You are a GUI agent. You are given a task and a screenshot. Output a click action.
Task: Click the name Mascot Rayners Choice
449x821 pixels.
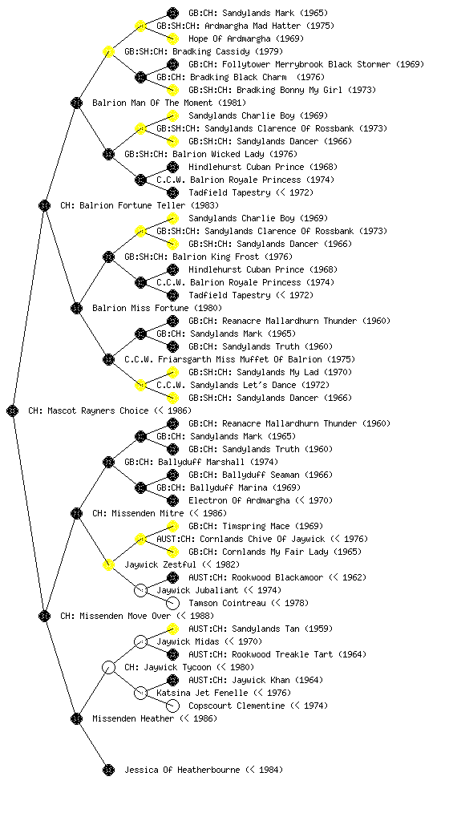[98, 410]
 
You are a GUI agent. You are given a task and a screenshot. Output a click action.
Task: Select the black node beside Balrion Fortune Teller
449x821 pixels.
[44, 205]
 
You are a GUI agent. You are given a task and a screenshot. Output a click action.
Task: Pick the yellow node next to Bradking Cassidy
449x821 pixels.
[108, 51]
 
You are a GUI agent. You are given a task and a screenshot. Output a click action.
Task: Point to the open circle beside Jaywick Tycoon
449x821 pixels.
[108, 667]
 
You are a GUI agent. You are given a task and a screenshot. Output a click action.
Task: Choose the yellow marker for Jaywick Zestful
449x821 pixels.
[108, 564]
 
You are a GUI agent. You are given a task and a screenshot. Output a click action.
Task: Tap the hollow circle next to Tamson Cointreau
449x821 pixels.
[172, 603]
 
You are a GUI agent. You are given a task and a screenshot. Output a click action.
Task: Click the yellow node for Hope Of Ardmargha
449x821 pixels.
[172, 38]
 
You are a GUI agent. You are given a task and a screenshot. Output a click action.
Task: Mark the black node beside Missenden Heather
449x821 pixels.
[76, 718]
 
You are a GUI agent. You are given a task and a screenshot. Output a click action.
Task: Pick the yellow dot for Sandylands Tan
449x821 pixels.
[172, 629]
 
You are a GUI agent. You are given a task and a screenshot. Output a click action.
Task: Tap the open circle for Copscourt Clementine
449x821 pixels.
[172, 706]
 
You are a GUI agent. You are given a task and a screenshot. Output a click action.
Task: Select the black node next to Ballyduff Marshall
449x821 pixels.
[108, 462]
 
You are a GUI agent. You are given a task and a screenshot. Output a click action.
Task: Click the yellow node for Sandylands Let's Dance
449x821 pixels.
[140, 385]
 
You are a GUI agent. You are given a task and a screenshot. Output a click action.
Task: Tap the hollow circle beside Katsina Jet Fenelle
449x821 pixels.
[140, 693]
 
